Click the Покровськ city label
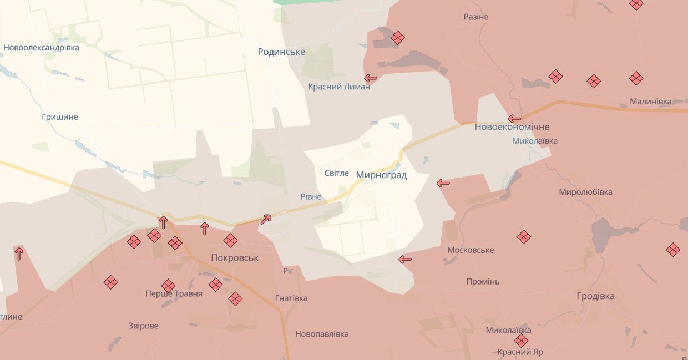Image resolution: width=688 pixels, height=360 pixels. (235, 258)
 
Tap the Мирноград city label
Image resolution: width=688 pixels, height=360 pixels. (381, 175)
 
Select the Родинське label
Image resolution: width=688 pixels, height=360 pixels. (281, 52)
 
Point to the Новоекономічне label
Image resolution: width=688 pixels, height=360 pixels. (512, 127)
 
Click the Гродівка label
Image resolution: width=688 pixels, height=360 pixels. (595, 296)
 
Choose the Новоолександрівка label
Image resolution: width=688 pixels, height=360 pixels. (42, 48)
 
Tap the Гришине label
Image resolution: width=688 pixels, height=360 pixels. (60, 117)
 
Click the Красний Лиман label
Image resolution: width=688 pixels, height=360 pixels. (339, 87)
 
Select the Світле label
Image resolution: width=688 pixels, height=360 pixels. (337, 173)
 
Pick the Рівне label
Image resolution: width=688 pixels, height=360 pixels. (311, 197)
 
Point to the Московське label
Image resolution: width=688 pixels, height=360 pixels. (471, 250)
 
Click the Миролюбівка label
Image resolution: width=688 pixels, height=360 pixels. (585, 192)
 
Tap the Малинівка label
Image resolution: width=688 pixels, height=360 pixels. (650, 102)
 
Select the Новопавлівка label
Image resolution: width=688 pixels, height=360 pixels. (322, 334)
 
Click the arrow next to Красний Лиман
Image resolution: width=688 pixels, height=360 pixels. (371, 78)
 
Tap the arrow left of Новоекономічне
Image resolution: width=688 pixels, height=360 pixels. (514, 119)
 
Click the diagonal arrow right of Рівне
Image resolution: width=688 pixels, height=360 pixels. (266, 219)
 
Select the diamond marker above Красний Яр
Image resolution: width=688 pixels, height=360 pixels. (520, 341)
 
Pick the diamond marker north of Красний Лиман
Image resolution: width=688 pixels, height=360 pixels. (397, 38)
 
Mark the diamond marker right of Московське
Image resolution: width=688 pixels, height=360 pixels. (523, 237)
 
